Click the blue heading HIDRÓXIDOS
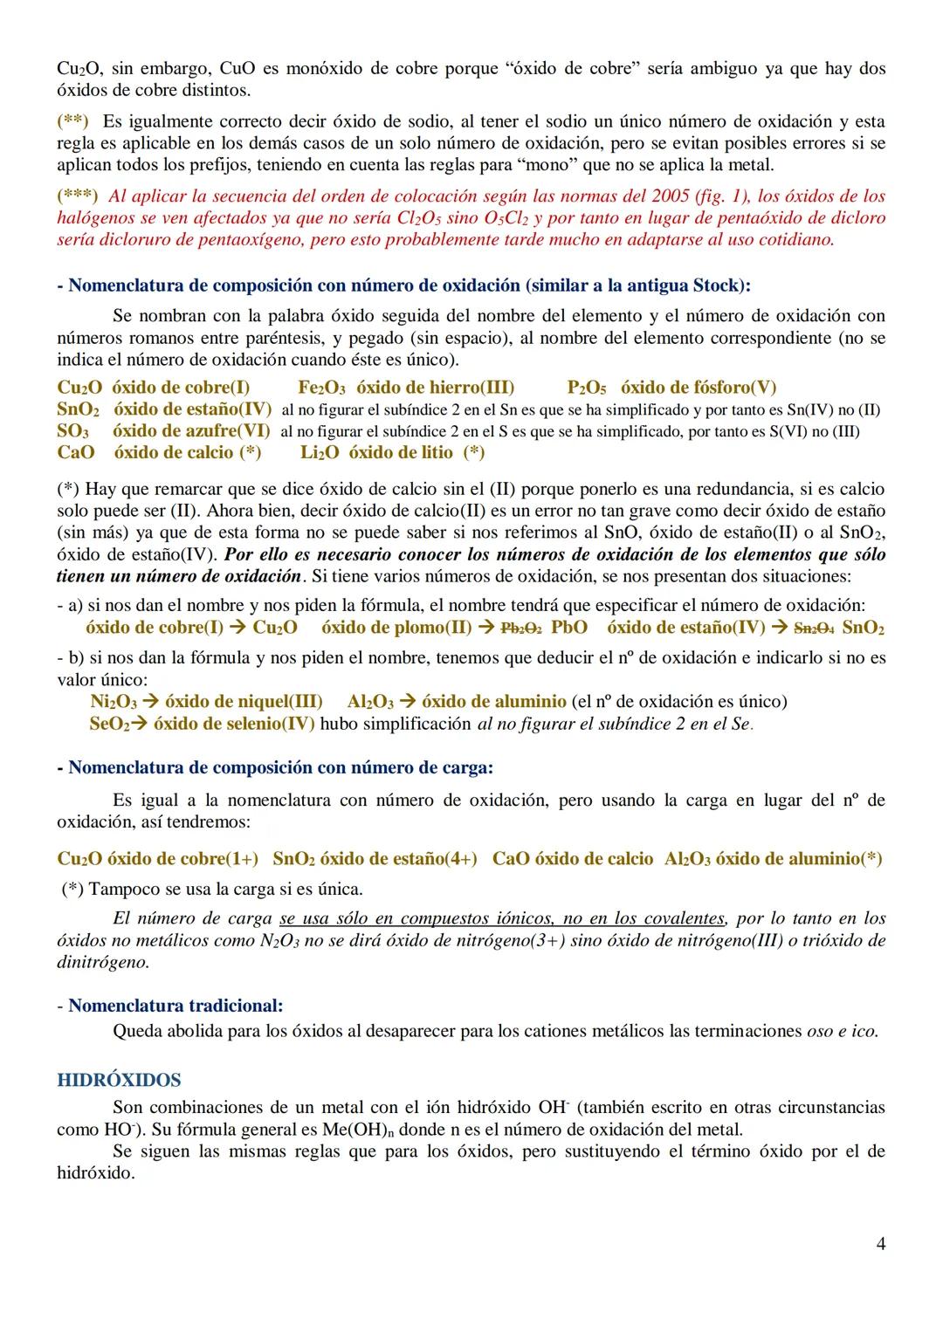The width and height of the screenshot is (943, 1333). click(x=119, y=1080)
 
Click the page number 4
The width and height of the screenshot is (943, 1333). click(x=880, y=1243)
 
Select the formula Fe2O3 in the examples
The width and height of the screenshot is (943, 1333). click(x=321, y=388)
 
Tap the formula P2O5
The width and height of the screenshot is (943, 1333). click(x=587, y=388)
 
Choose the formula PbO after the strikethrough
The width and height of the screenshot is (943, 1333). click(x=569, y=628)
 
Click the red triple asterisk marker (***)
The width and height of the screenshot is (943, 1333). click(x=77, y=196)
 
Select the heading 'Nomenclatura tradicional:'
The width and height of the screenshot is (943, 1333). click(x=176, y=1006)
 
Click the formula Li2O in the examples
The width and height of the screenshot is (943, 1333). click(x=320, y=452)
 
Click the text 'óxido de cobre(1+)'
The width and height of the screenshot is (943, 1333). click(x=182, y=859)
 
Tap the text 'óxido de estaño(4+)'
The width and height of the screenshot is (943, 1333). click(x=398, y=859)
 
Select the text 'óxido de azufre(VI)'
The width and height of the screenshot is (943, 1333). click(x=191, y=430)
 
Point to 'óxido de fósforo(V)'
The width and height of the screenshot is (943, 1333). click(x=699, y=388)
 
